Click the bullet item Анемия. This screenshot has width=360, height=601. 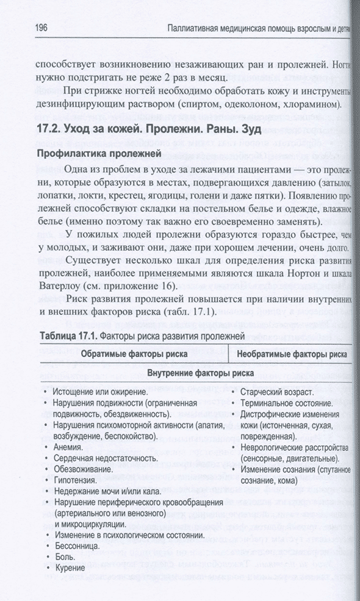tap(68, 447)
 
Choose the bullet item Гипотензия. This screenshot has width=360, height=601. tap(76, 480)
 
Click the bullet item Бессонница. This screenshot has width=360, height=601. tap(78, 546)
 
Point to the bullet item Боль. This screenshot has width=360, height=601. tap(64, 557)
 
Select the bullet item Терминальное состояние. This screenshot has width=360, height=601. tap(286, 403)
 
